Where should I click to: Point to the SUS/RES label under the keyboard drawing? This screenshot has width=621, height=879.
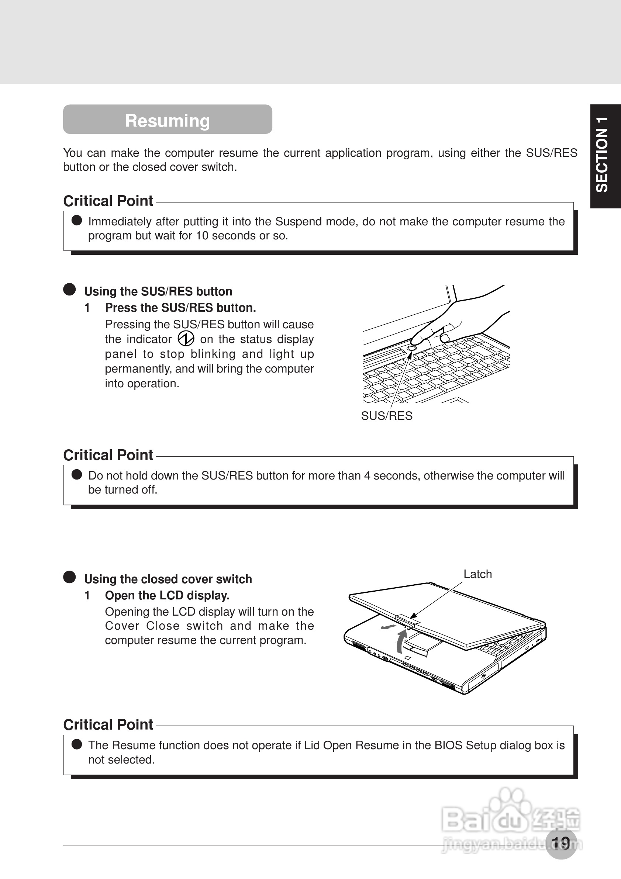click(387, 416)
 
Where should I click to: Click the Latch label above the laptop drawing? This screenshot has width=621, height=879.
click(477, 574)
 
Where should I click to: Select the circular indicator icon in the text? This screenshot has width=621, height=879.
click(186, 338)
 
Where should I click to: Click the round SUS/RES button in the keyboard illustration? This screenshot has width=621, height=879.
click(411, 348)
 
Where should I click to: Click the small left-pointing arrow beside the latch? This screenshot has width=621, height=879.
click(388, 627)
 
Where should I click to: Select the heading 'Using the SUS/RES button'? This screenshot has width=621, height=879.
click(158, 291)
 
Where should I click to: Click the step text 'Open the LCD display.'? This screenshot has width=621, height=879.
click(167, 595)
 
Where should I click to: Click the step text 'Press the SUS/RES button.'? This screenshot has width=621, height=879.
click(180, 307)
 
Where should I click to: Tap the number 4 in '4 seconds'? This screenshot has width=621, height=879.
click(367, 475)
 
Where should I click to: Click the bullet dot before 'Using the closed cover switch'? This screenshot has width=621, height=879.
click(69, 577)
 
